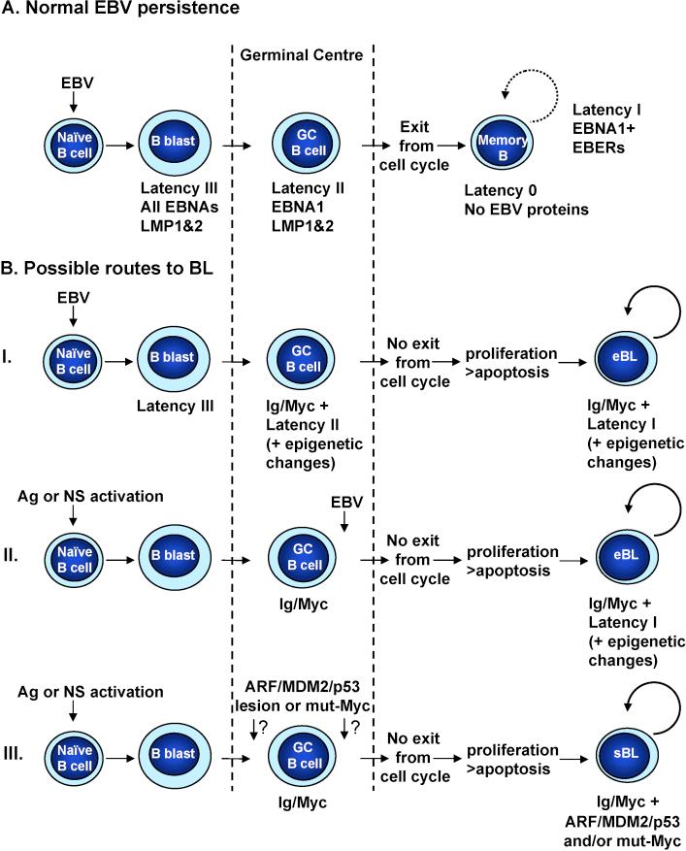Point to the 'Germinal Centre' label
click(x=302, y=56)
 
